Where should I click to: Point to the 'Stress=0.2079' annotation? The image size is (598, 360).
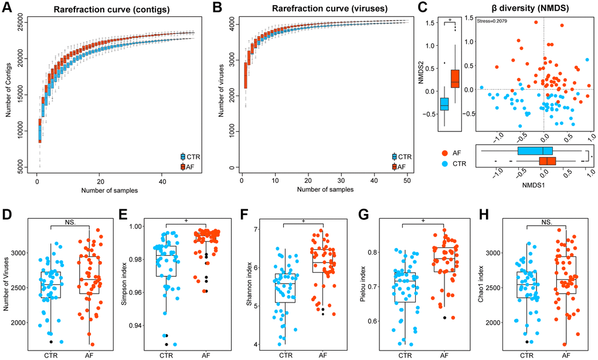[x=491, y=22]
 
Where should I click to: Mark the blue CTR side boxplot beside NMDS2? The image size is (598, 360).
[x=444, y=103]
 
